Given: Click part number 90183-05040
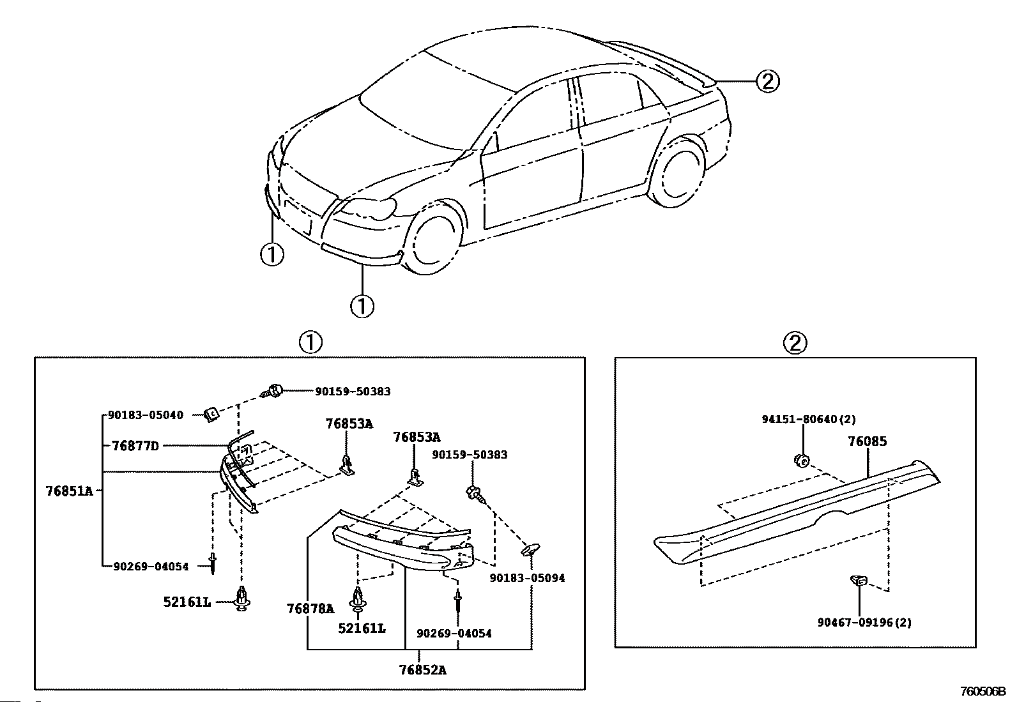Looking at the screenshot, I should [x=146, y=415].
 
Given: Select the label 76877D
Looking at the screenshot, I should [x=135, y=446].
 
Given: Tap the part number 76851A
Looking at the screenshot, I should [x=69, y=491].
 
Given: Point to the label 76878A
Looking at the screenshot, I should [x=310, y=609].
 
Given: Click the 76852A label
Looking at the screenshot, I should [x=422, y=670].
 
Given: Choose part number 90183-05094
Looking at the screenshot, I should [x=527, y=578].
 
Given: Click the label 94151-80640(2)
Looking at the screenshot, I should [x=809, y=420].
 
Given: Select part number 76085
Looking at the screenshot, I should [x=867, y=441].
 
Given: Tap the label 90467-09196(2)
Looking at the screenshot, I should [x=864, y=622].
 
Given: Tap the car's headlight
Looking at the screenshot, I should [x=368, y=208].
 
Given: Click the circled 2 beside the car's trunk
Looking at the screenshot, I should [x=767, y=81].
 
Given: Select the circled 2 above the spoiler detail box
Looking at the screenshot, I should [x=795, y=343].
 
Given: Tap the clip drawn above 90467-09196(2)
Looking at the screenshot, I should [x=859, y=581].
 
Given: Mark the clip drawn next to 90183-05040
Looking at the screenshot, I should [x=211, y=415].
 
